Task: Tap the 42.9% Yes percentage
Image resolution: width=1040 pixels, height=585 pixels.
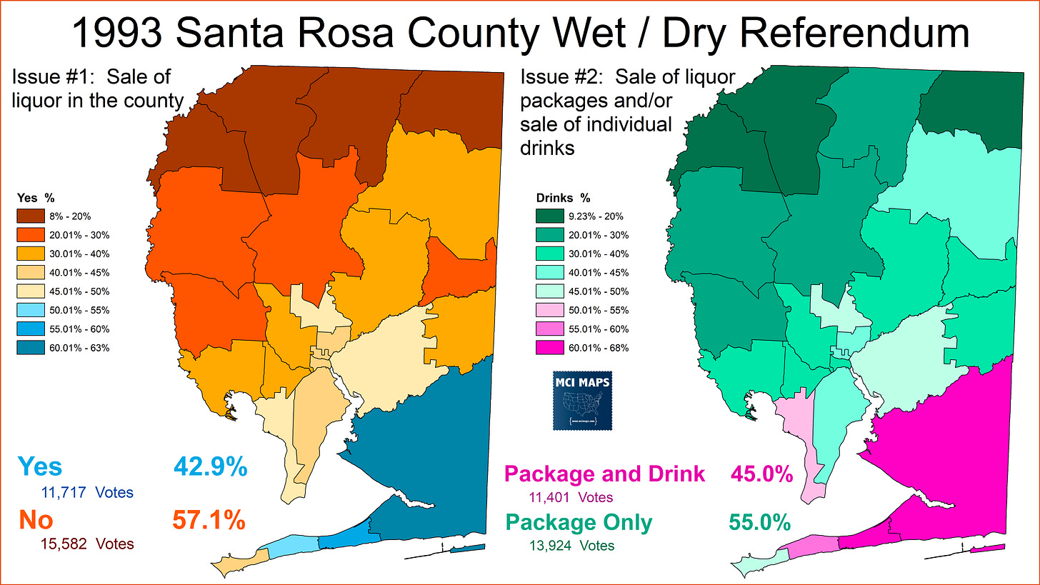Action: pos(210,467)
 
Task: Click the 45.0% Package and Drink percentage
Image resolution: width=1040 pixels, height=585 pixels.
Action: pos(761,474)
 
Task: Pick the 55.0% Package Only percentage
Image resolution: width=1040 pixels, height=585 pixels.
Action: pos(759,523)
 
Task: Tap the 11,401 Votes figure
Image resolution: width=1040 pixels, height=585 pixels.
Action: pos(569,497)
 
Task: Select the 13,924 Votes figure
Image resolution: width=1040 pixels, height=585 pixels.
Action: pos(569,546)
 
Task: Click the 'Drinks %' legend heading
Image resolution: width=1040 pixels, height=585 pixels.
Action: pos(563,198)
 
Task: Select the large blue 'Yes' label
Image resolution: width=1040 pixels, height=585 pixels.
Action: pos(40,467)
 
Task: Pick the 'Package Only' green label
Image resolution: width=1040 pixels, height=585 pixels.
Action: pos(579,523)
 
